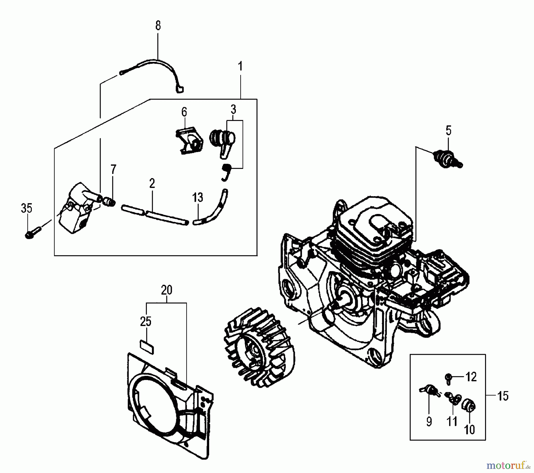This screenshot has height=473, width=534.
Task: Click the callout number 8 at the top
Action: click(158, 25)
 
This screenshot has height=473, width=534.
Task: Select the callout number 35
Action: click(26, 208)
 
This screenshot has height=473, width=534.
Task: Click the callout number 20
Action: click(166, 290)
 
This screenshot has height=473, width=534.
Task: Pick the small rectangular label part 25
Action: click(147, 347)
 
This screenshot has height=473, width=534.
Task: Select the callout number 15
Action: click(503, 396)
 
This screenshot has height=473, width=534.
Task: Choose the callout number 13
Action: click(198, 197)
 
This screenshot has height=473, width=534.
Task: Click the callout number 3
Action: click(233, 110)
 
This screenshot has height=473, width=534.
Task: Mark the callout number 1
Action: click(240, 67)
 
